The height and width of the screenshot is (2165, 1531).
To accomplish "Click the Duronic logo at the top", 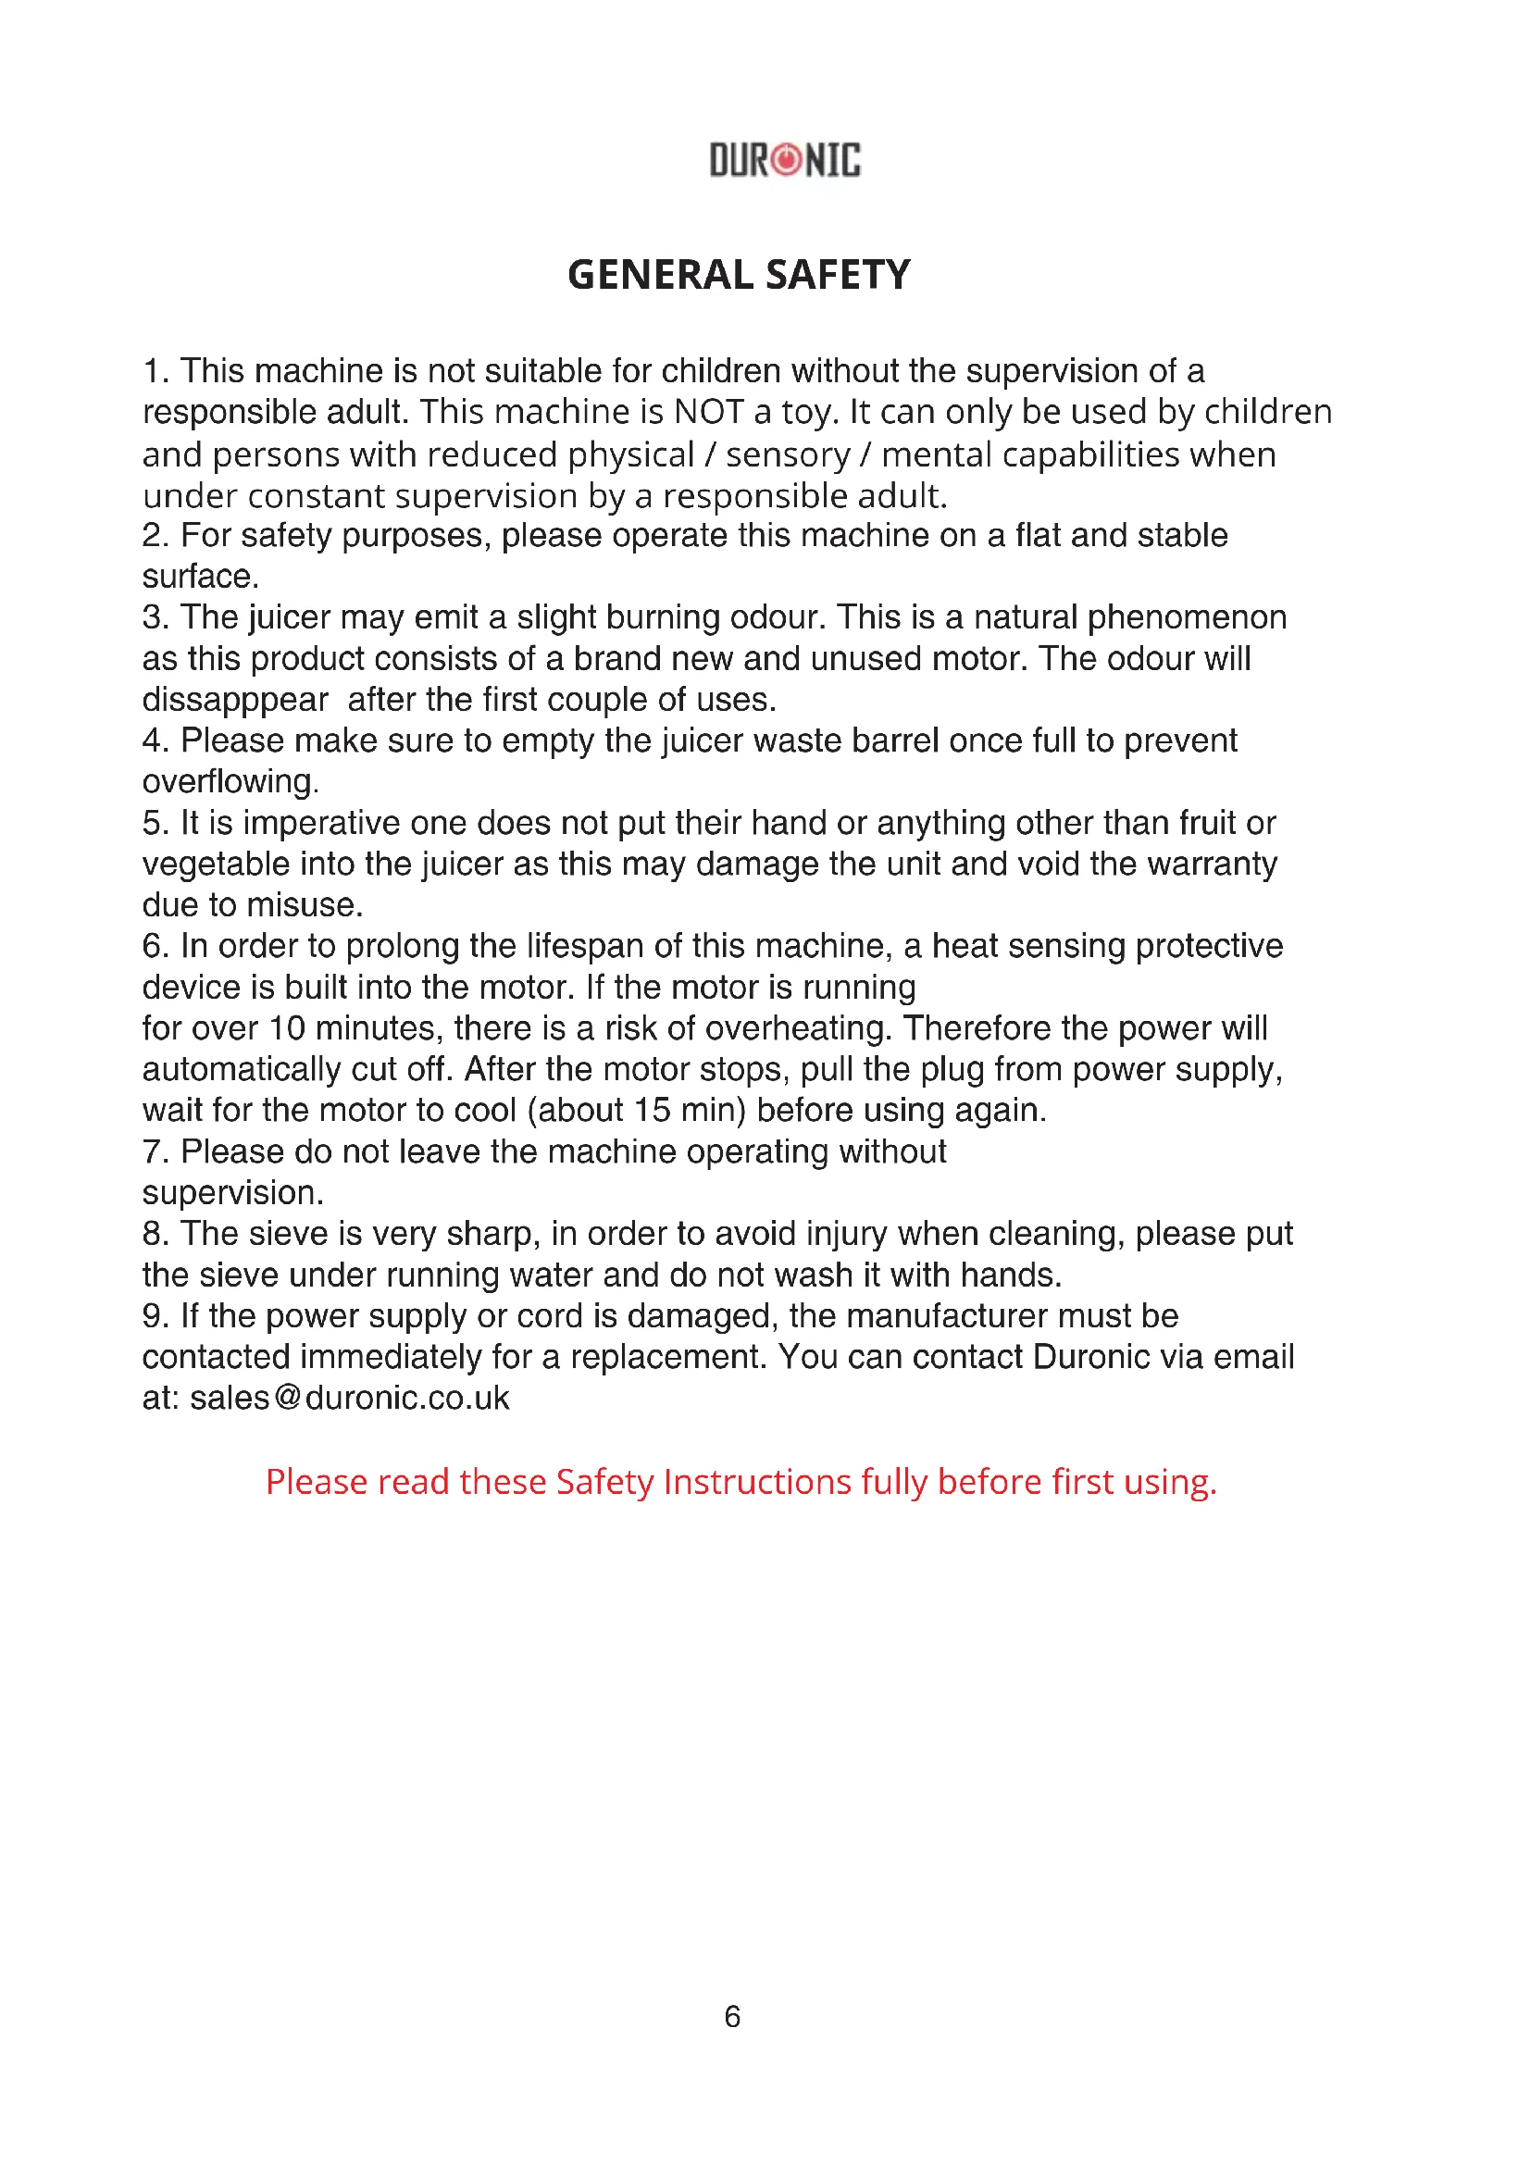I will tap(784, 159).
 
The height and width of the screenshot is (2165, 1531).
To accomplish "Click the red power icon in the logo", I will tap(785, 159).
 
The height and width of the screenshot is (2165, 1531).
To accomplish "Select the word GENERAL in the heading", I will tap(660, 275).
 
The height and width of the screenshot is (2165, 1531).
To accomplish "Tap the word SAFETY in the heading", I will tap(838, 275).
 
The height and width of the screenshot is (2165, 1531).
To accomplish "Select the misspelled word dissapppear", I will tap(235, 700).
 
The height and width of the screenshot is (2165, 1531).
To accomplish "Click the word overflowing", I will tap(230, 782).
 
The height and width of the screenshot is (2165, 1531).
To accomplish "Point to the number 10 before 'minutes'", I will tap(287, 1027).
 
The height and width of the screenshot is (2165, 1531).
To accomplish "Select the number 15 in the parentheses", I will tap(652, 1110).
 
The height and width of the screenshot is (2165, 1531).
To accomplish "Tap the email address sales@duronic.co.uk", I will tap(349, 1398).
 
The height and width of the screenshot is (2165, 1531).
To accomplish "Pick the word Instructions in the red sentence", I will tap(757, 1481).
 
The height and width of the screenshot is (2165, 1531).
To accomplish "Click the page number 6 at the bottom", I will tap(732, 2016).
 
